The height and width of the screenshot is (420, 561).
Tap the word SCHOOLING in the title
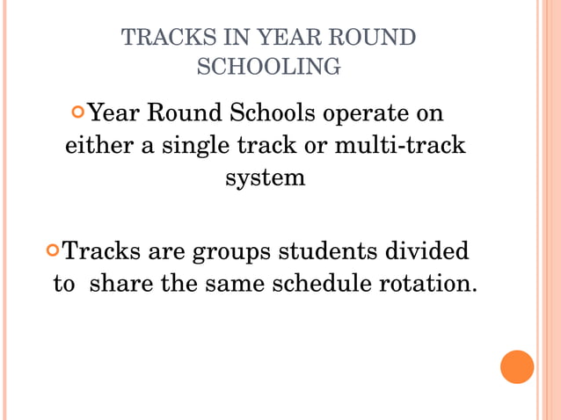(268, 67)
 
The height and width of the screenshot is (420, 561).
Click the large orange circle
(517, 366)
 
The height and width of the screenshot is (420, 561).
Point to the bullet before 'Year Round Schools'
(80, 113)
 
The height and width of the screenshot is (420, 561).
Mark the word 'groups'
(230, 253)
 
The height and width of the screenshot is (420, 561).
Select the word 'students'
(330, 253)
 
